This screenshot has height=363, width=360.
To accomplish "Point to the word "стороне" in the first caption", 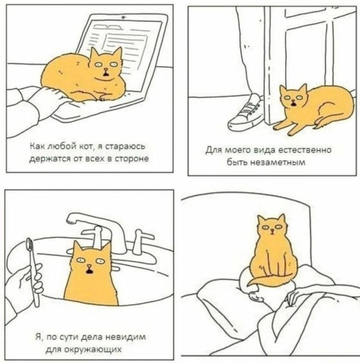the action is pos(132,159).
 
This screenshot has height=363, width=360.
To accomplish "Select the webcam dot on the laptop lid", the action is pos(123,18).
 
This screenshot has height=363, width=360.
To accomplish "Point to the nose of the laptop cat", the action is pos(106,69).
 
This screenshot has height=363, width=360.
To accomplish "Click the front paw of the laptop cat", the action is pos(105,97).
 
